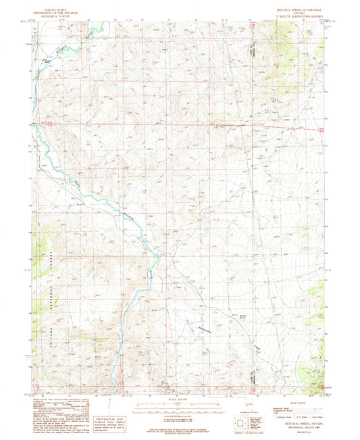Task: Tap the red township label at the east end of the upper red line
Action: point(322,128)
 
